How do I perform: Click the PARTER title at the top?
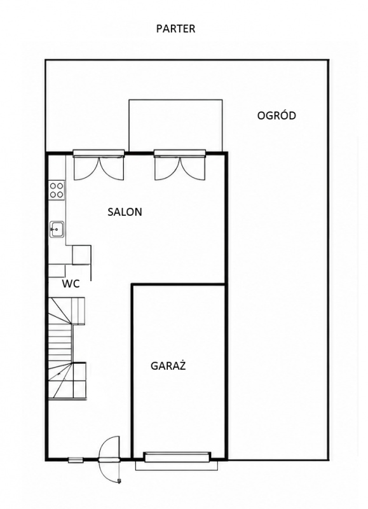(x=175, y=29)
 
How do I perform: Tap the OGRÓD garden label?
(x=276, y=116)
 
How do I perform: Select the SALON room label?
(x=125, y=212)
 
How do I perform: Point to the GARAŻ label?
(x=168, y=366)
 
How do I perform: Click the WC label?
(x=71, y=284)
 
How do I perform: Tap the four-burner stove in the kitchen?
(x=57, y=190)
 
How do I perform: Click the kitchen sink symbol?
(x=57, y=230)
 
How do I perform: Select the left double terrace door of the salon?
(x=99, y=165)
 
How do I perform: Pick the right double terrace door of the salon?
(x=180, y=165)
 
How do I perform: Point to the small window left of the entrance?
(x=75, y=459)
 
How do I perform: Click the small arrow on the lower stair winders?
(x=60, y=374)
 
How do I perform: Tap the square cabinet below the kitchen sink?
(x=81, y=255)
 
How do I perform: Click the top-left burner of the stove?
(x=53, y=186)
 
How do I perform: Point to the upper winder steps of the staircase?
(x=67, y=310)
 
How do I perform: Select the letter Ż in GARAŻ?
(x=182, y=365)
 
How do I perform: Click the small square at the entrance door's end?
(x=119, y=480)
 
